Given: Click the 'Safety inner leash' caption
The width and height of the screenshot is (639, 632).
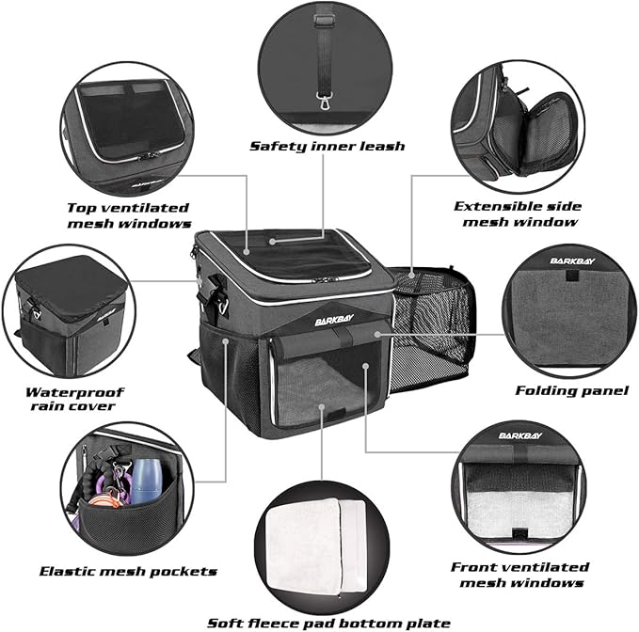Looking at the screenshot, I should [327, 146].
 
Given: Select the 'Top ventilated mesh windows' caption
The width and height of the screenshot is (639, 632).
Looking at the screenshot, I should [129, 215].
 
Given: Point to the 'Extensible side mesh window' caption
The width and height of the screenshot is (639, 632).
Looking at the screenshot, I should [517, 213].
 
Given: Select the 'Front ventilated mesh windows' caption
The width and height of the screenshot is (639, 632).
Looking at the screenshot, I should [519, 575].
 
